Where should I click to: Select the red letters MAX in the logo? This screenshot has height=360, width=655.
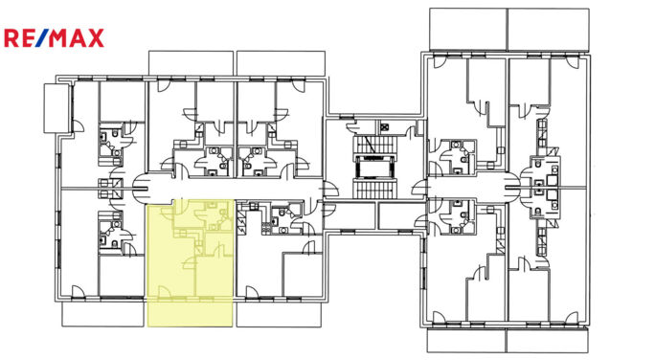[78, 38]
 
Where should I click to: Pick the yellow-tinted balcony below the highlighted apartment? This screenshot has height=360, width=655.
[191, 312]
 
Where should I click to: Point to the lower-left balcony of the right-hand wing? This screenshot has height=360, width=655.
[466, 340]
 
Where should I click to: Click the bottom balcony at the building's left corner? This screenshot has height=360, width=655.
[103, 313]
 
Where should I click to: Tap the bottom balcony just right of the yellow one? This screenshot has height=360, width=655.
[279, 313]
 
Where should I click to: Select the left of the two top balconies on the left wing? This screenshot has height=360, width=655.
[191, 62]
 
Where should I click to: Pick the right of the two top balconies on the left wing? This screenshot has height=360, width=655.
[279, 62]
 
